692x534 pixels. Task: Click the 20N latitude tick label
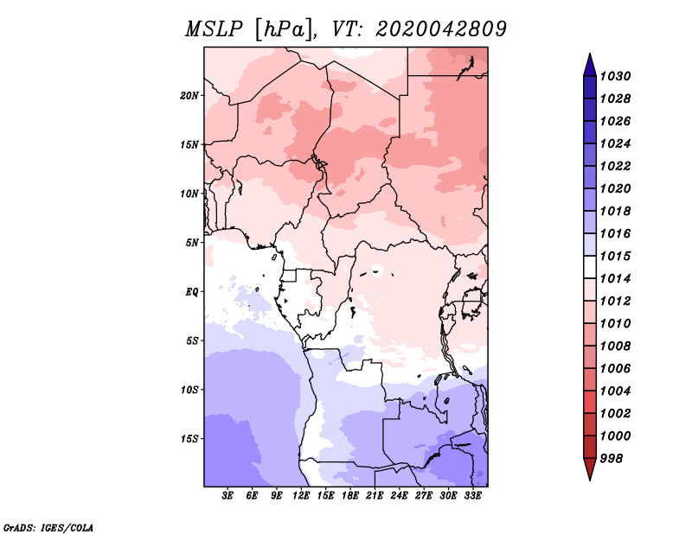point(189,96)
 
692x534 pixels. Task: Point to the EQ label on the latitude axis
point(192,292)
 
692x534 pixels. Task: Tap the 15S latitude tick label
point(189,439)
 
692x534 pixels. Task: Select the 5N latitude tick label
point(192,243)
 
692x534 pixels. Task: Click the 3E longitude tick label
point(227,496)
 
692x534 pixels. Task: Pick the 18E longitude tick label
point(350,496)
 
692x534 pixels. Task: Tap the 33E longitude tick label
point(472,496)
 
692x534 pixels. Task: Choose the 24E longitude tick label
point(399,496)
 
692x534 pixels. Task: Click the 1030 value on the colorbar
point(615,76)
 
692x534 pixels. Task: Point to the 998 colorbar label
point(612,459)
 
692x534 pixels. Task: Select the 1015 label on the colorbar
point(615,256)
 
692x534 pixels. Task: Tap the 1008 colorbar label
point(615,346)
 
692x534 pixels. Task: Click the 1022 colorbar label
point(615,166)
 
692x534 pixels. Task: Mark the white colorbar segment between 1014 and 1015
point(590,267)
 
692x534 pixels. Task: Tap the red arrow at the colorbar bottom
point(590,469)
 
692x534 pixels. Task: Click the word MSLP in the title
point(214,29)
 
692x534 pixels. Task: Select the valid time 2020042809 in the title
point(441,29)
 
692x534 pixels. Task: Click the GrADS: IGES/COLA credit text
point(48,527)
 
